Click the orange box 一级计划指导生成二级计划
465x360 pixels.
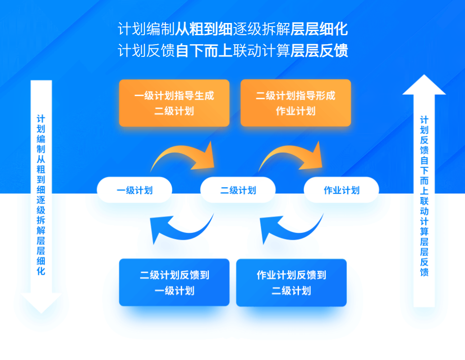point(174,103)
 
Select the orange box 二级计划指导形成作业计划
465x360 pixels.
point(295,103)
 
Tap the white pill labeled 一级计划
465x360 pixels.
point(134,190)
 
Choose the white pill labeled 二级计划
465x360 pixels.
point(238,190)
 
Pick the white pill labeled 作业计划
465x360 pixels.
point(341,190)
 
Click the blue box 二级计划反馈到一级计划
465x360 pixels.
point(174,282)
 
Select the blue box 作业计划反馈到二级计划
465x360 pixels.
point(291,282)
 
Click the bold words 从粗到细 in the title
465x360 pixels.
point(203,29)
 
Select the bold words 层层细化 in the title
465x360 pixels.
point(319,29)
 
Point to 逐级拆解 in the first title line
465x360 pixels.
point(262,29)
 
